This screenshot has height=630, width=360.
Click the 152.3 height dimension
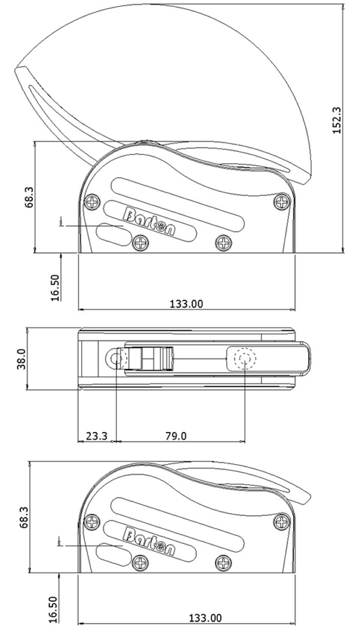(336, 120)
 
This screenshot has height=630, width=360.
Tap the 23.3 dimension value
(95, 435)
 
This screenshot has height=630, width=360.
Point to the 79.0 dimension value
(175, 435)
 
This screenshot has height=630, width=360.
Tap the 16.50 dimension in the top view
(55, 286)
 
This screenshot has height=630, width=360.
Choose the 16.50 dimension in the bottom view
(55, 606)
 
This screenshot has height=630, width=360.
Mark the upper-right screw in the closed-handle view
(282, 521)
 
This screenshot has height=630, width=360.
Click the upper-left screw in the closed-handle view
(92, 521)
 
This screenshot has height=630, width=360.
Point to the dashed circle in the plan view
(244, 360)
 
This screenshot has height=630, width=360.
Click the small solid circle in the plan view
(116, 360)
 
